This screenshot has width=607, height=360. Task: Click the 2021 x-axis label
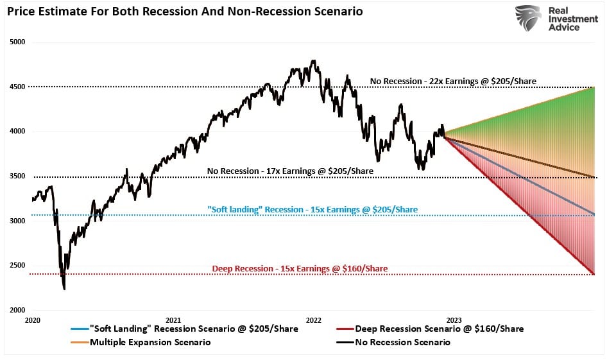pyautogui.click(x=173, y=319)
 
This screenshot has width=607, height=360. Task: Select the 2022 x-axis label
pyautogui.click(x=313, y=319)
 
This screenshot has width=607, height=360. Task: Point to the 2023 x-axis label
pyautogui.click(x=454, y=319)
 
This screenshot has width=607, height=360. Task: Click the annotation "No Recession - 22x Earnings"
pyautogui.click(x=453, y=81)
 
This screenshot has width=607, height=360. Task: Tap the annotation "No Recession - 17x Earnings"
pyautogui.click(x=289, y=171)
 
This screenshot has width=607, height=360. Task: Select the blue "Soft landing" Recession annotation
pyautogui.click(x=312, y=210)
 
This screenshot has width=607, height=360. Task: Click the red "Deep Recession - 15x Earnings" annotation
pyautogui.click(x=300, y=268)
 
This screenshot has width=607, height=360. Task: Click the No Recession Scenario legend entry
pyautogui.click(x=402, y=342)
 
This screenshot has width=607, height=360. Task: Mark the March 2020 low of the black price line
pyautogui.click(x=64, y=289)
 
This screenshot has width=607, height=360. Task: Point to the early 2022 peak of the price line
pyautogui.click(x=313, y=61)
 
